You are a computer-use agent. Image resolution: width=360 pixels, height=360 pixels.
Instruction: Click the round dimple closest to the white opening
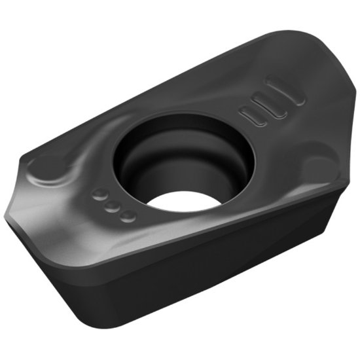click(x=128, y=215)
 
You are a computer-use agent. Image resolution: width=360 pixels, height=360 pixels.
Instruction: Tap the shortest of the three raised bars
click(x=252, y=117)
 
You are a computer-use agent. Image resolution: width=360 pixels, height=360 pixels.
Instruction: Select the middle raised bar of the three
click(x=270, y=105)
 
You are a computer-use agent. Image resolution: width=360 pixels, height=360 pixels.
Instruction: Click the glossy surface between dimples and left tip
click(x=65, y=209)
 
